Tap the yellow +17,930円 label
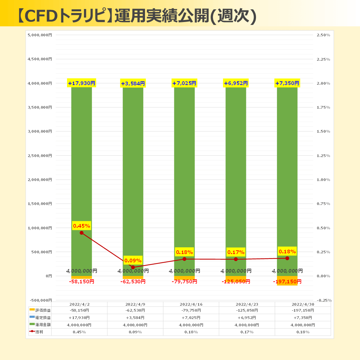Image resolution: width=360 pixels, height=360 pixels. point(82,83)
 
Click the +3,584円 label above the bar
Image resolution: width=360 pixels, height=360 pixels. point(133,83)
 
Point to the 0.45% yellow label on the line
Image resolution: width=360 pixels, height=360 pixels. point(82,226)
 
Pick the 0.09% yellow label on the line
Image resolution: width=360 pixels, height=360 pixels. point(133,260)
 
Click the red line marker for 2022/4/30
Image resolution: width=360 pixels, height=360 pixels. point(287,258)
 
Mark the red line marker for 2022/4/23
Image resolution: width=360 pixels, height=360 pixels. point(236,259)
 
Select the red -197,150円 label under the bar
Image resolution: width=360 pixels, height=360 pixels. point(287,282)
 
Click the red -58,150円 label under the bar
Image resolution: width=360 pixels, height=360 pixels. point(82,282)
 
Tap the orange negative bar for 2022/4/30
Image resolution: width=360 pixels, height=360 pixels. point(287,280)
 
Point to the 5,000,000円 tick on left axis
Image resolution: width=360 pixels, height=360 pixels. point(40,35)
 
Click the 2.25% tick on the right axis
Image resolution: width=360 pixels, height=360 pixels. point(323,59)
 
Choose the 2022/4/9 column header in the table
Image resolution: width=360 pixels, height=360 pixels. point(135,304)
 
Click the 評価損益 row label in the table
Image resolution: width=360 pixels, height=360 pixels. point(44,310)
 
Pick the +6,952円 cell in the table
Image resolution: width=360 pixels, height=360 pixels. point(247,318)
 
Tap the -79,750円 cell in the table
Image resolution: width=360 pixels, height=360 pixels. point(191,310)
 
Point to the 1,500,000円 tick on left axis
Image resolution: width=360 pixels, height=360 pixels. point(40,204)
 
